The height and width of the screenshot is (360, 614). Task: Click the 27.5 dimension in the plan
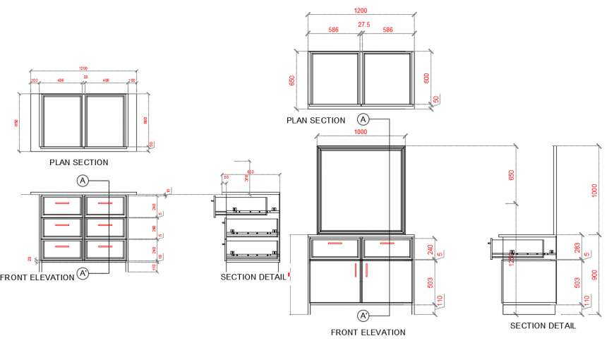(363, 25)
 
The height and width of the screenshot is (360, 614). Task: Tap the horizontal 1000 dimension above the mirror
(361, 132)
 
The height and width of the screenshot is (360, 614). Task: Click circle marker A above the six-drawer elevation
(83, 181)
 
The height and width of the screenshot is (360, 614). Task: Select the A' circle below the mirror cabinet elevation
(364, 315)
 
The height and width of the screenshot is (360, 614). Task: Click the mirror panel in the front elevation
(361, 188)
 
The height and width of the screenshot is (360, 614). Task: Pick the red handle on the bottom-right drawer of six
(105, 246)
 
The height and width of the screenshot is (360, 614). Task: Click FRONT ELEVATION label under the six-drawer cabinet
(37, 277)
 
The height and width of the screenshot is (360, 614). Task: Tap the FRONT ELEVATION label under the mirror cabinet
(368, 332)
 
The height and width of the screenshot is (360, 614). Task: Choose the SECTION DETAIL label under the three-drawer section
(253, 277)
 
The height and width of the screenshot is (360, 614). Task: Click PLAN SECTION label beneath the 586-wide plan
(315, 121)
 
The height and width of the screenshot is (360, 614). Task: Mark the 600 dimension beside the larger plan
(426, 78)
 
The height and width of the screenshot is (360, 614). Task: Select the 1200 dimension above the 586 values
(361, 11)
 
